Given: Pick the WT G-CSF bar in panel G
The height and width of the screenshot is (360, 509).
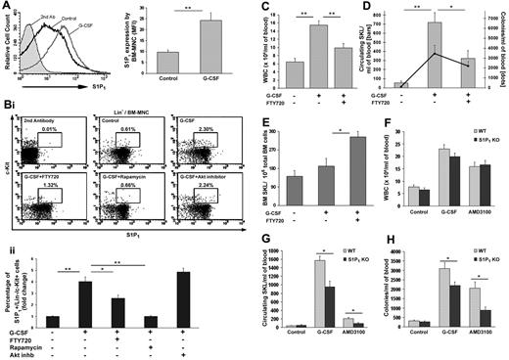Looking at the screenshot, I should coord(317,293).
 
